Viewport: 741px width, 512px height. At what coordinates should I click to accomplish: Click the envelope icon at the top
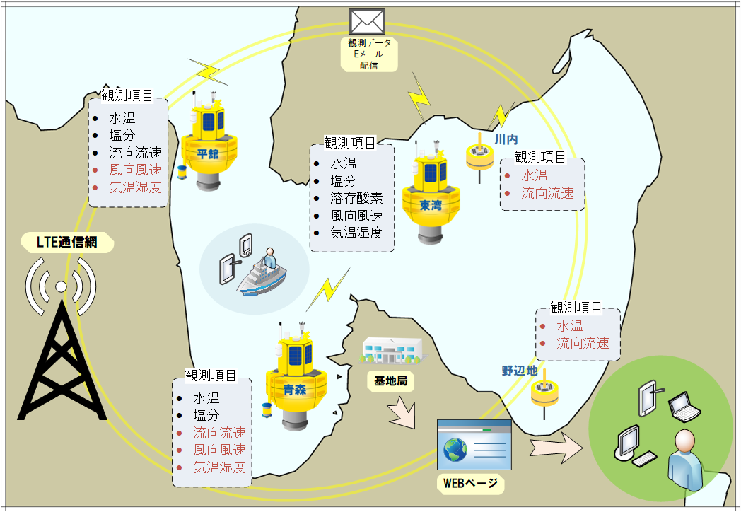366,21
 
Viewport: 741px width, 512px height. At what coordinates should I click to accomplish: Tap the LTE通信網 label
66,244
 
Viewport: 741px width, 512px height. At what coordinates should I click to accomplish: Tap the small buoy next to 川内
479,156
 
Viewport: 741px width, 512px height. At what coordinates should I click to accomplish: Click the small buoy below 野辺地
545,393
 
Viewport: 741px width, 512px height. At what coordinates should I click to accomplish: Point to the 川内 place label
507,140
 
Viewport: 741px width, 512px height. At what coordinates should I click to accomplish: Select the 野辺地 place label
520,371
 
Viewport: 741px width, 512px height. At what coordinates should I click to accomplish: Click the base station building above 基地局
392,351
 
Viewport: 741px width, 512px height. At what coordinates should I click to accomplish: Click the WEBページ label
469,484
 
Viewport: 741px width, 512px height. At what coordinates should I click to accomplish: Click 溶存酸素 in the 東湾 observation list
356,198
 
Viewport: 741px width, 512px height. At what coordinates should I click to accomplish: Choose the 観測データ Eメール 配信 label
368,54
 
